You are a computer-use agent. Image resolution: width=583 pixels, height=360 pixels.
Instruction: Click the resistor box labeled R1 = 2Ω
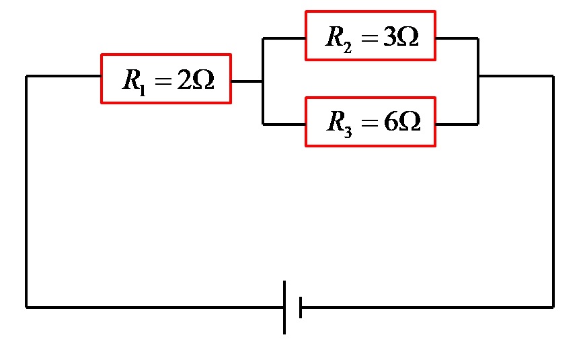click(166, 79)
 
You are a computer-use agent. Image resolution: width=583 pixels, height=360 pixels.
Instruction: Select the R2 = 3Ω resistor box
click(370, 36)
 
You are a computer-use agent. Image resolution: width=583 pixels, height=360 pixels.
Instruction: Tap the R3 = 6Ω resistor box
click(370, 122)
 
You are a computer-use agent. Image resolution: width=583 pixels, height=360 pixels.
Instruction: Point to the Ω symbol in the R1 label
click(202, 80)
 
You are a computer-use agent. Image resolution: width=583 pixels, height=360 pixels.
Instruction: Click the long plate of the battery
click(284, 307)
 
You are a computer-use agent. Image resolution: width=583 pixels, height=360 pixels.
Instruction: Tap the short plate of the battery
click(300, 307)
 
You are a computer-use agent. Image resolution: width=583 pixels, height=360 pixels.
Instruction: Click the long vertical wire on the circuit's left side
click(26, 192)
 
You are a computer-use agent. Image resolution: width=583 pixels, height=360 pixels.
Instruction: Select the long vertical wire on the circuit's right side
click(553, 192)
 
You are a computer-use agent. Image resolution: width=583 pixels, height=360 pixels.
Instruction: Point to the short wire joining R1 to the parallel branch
click(247, 81)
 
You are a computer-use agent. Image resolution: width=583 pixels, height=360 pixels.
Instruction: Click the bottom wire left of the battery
click(155, 307)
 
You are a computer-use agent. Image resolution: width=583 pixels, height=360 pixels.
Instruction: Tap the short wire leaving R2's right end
click(457, 38)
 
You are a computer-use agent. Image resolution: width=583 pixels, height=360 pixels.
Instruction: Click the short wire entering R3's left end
click(284, 124)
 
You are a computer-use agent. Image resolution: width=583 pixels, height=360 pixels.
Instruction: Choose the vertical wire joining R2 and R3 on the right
click(478, 81)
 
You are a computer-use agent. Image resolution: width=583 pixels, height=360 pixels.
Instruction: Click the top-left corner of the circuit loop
click(26, 76)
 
